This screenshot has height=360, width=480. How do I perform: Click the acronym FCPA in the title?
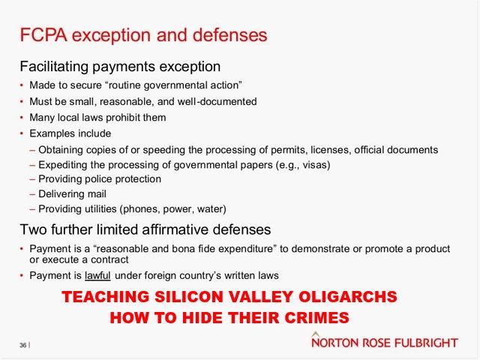43,35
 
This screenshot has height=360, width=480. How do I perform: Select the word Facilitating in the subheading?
54,67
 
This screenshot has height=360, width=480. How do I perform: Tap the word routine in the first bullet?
125,85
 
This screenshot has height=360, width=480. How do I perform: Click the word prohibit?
124,118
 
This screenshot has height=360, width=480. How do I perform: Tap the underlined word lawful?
97,275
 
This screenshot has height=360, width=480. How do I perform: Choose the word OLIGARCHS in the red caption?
348,297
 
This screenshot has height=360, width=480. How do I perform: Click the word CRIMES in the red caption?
316,317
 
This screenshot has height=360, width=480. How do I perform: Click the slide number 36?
23,345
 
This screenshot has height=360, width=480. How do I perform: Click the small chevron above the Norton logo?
316,334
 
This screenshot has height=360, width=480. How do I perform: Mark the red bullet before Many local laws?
22,118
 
